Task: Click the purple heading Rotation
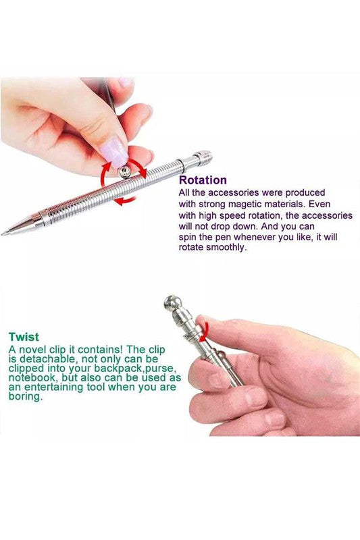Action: (x=203, y=180)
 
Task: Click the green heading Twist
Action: (x=24, y=336)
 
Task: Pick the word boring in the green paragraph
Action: (x=25, y=396)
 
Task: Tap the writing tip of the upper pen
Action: (x=3, y=234)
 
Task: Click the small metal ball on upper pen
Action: (x=124, y=172)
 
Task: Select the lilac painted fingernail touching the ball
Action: (x=114, y=151)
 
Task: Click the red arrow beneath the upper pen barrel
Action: (x=125, y=200)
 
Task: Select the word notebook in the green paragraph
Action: (x=31, y=378)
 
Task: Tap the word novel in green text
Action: (x=32, y=350)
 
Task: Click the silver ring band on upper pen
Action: (x=182, y=165)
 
